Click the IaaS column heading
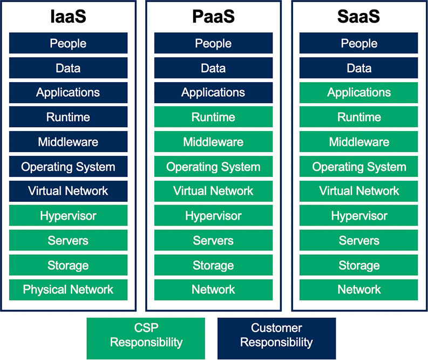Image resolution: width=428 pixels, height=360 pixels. pos(68,17)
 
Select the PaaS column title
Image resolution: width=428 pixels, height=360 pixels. pos(213,17)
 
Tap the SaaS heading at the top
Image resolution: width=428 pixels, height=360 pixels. pos(359,17)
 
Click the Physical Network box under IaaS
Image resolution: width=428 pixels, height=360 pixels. pos(68,290)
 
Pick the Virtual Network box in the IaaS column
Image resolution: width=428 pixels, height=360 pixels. pos(68,191)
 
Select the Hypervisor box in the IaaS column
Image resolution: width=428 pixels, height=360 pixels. pos(68,216)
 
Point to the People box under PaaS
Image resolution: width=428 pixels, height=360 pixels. pos(213,43)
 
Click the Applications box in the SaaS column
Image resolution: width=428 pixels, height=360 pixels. pos(359,92)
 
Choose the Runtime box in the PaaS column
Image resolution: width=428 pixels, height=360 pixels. pos(213,117)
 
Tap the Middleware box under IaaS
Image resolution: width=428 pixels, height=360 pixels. pos(68,142)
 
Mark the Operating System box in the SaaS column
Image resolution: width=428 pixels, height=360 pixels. pos(359,167)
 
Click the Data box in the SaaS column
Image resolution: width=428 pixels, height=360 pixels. pos(359,68)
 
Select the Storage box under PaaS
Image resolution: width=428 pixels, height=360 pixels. pos(213,265)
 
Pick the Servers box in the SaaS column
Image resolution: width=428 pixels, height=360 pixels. pos(359,241)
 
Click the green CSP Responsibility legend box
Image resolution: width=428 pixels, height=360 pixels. pos(146,335)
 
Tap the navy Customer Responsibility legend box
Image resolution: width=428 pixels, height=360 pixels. pos(276,335)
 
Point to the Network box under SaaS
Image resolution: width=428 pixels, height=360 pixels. pos(359,290)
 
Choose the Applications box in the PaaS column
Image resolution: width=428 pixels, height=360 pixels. pos(213,92)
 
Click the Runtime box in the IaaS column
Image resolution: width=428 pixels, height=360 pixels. pos(68,117)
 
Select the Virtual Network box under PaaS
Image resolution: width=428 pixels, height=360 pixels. pos(213,191)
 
